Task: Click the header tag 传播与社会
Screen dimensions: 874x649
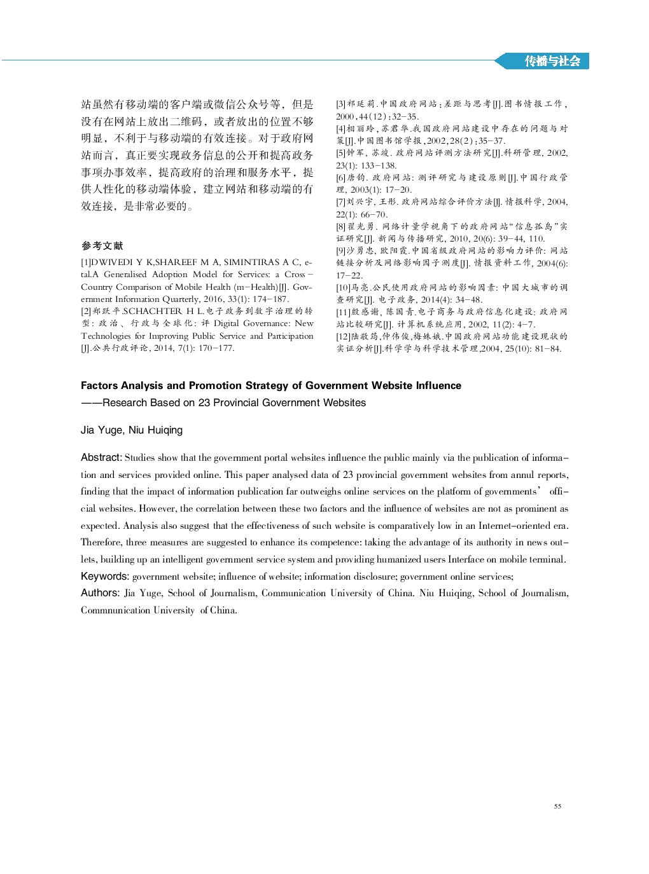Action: tap(552, 61)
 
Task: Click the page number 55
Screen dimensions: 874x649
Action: tap(557, 806)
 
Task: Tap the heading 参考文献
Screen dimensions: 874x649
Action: tap(102, 245)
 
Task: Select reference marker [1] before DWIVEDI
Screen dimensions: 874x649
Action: tap(85, 262)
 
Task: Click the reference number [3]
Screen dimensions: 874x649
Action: tap(340, 104)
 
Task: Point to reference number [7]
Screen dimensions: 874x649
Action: tap(340, 201)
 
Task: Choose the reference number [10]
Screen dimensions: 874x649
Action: tap(343, 287)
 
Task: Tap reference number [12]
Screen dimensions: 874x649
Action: tap(343, 336)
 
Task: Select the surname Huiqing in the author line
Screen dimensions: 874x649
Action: tap(166, 430)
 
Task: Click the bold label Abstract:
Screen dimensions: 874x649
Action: tap(101, 457)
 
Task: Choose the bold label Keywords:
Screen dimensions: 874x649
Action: tap(105, 576)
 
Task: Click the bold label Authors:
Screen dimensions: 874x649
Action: tap(100, 592)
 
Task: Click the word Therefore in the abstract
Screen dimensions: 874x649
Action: tap(101, 542)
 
